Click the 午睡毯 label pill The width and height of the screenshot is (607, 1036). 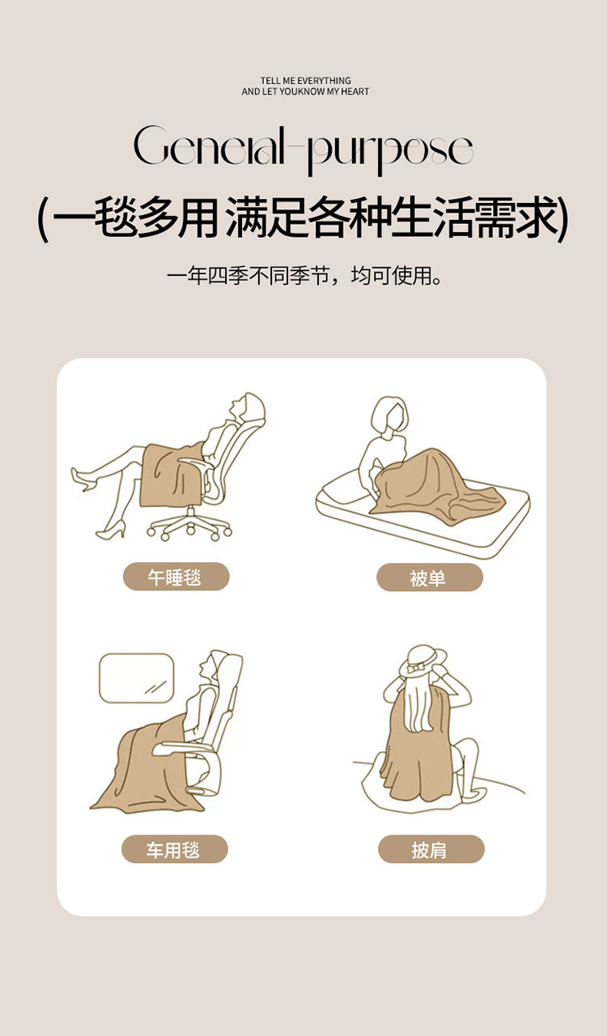click(176, 577)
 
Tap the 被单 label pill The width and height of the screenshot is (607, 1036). click(430, 577)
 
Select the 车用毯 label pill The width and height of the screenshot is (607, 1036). click(175, 848)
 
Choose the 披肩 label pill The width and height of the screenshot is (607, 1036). click(431, 848)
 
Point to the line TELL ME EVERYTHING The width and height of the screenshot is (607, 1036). click(306, 81)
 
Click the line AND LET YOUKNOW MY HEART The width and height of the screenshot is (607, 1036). click(306, 91)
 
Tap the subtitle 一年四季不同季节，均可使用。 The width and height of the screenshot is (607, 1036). click(304, 276)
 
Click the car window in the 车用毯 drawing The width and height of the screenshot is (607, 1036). click(137, 678)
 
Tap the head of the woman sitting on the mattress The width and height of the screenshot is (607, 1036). click(390, 413)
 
